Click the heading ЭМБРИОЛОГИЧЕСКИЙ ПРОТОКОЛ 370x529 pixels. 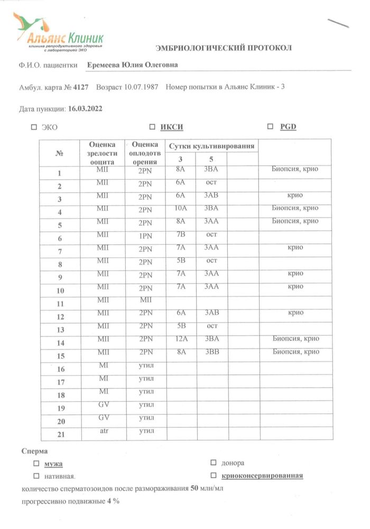click(224, 48)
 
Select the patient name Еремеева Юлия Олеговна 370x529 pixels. click(132, 65)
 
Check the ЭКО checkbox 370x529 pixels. click(34, 127)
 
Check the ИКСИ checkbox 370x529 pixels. click(152, 127)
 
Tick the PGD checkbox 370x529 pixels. click(270, 127)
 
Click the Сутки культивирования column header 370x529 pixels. click(211, 146)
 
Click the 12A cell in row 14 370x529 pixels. click(181, 339)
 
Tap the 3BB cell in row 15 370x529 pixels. click(211, 352)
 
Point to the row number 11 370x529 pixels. click(60, 304)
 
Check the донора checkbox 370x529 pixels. click(214, 463)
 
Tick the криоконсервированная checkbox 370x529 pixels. click(214, 476)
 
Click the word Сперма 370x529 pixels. click(35, 451)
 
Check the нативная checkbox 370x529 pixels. click(36, 476)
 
